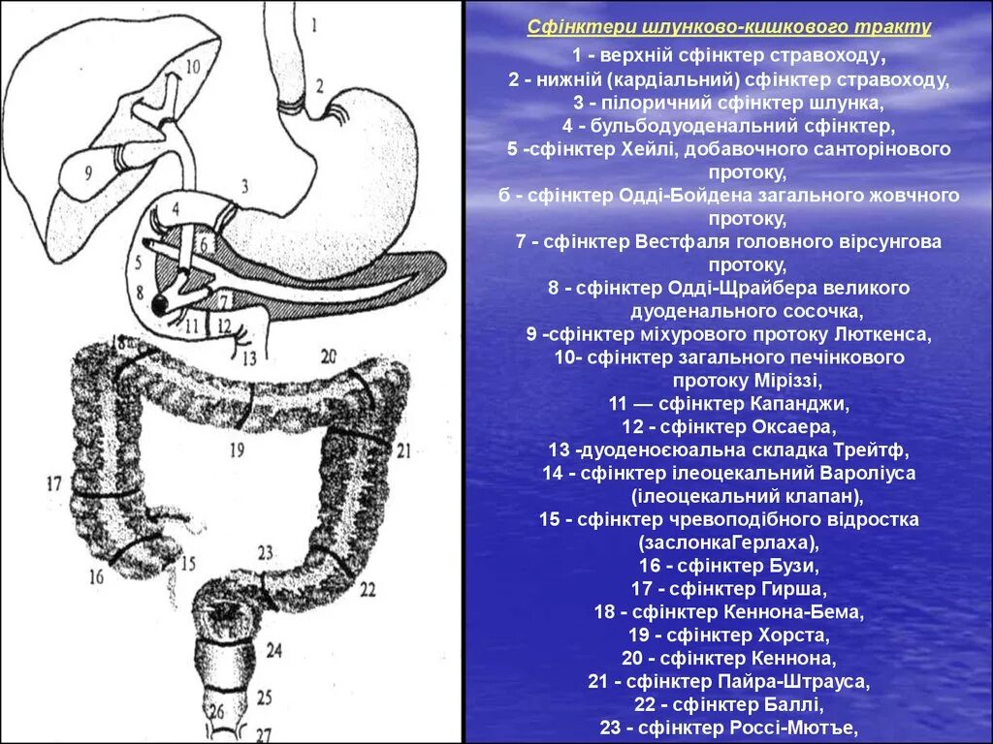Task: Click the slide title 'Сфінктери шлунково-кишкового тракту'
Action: (x=729, y=26)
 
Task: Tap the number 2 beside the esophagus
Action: (x=318, y=84)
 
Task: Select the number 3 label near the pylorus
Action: (x=245, y=185)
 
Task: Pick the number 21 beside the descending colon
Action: (x=403, y=449)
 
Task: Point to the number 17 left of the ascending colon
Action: (x=53, y=482)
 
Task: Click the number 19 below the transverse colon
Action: (x=237, y=449)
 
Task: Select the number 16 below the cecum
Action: (x=96, y=577)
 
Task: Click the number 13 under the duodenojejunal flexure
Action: (x=250, y=358)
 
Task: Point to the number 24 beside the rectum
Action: (x=274, y=652)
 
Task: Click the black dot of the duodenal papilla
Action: (x=159, y=306)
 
